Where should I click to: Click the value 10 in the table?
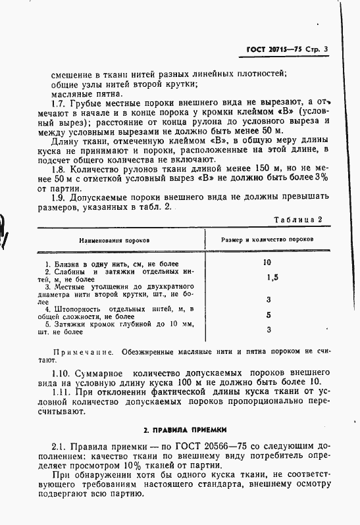267,262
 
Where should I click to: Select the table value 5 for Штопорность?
268,314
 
